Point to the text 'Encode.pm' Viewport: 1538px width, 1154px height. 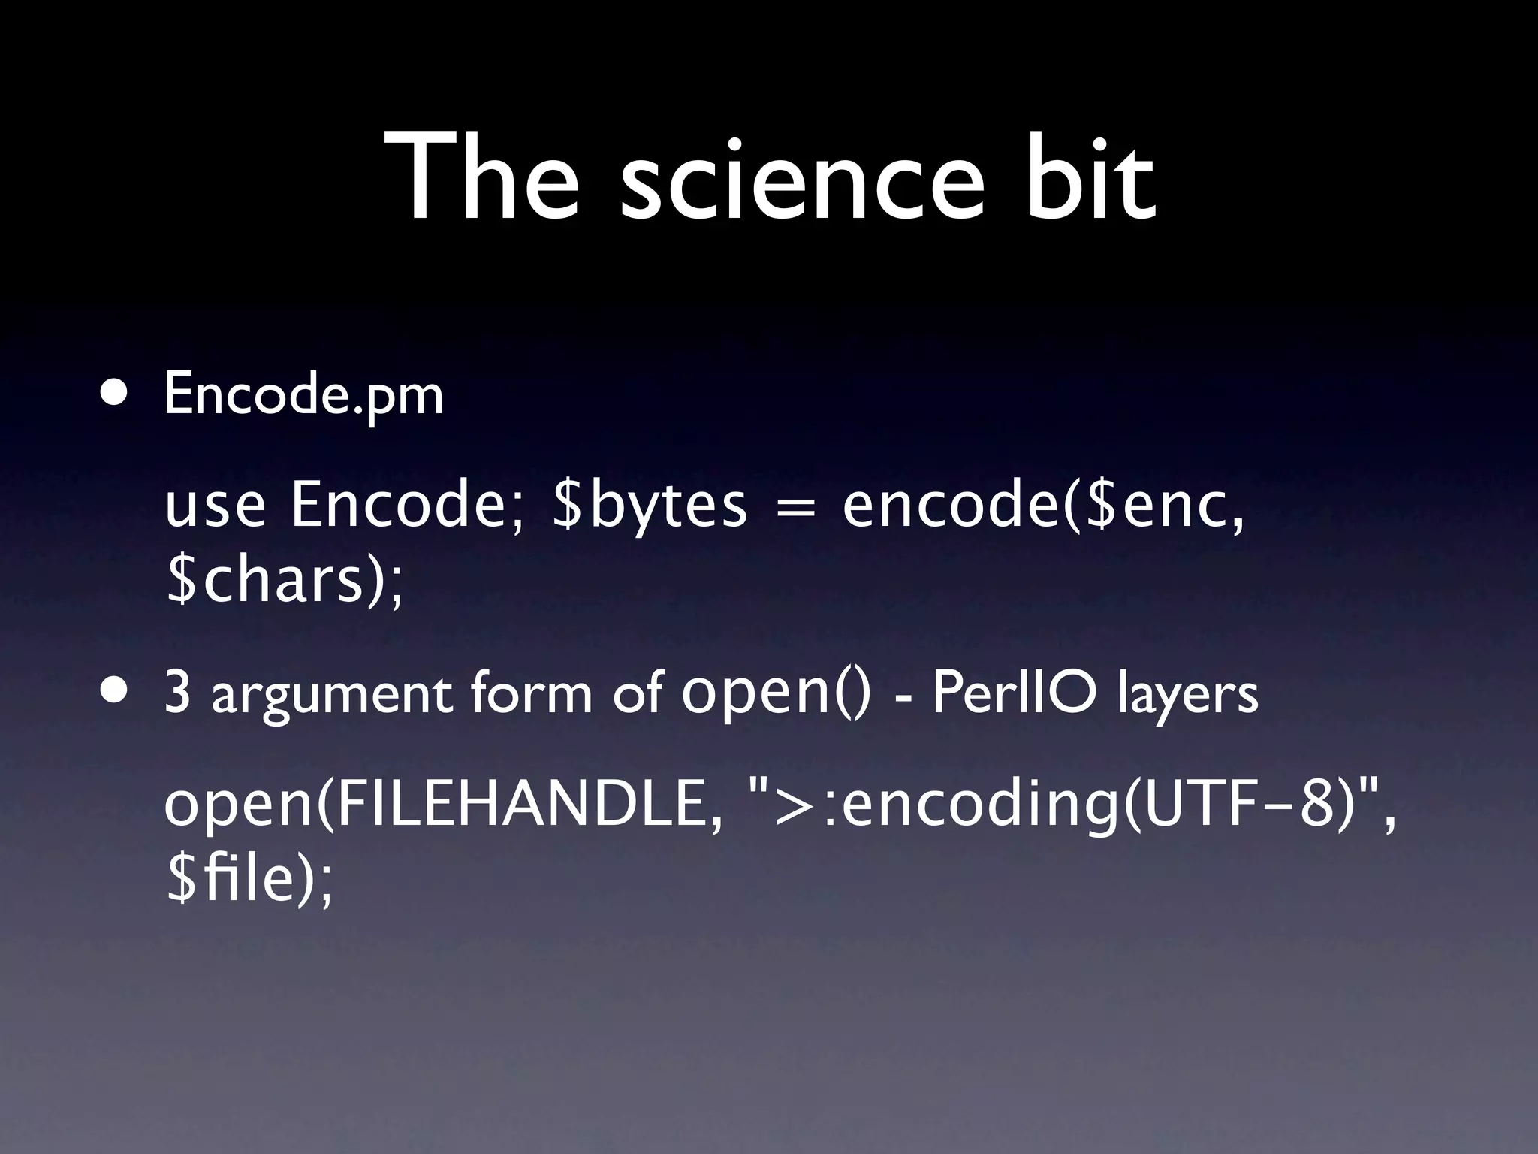click(303, 394)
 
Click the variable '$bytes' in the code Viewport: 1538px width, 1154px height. click(650, 505)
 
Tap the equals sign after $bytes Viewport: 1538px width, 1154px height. click(795, 506)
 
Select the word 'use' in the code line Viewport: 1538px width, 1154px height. click(216, 506)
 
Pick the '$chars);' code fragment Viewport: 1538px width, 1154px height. click(285, 582)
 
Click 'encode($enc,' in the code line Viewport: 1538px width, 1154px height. click(1043, 505)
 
